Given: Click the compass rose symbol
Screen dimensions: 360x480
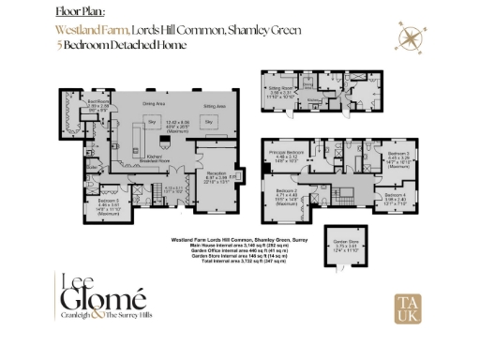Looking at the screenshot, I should click(411, 37).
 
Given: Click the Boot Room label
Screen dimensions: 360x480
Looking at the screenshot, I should click(98, 101).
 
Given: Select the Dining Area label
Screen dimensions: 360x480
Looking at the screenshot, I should click(154, 102).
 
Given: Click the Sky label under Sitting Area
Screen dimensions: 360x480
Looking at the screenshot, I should click(210, 123).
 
